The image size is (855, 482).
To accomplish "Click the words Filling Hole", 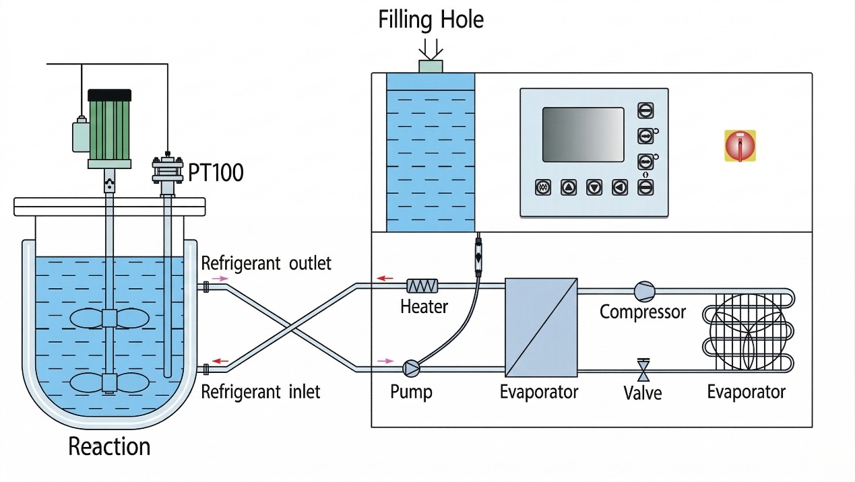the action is tap(431, 20).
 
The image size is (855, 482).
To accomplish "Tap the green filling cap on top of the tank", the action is tap(431, 67).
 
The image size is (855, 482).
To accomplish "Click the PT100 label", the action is tap(216, 172).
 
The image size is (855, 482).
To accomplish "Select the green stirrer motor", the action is tap(110, 129).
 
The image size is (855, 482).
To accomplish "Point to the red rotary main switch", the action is tap(740, 145).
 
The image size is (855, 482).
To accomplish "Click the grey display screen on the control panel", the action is tap(583, 135).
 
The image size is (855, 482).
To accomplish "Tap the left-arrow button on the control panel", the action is tap(620, 188).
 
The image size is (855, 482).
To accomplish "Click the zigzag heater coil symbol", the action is tap(422, 285).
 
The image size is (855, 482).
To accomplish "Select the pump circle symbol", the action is tap(412, 368).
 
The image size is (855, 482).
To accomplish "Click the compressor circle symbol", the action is tap(645, 291).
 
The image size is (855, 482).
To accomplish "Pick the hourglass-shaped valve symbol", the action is tap(643, 370).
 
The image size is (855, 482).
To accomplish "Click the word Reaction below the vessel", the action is tap(109, 446).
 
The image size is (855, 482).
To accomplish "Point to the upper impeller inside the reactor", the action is tap(109, 318).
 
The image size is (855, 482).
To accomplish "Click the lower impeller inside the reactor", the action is tap(109, 382).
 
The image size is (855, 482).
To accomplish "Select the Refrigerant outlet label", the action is tap(266, 263).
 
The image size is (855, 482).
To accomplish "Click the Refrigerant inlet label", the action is tap(260, 392).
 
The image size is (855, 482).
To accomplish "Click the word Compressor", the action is tap(642, 312).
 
